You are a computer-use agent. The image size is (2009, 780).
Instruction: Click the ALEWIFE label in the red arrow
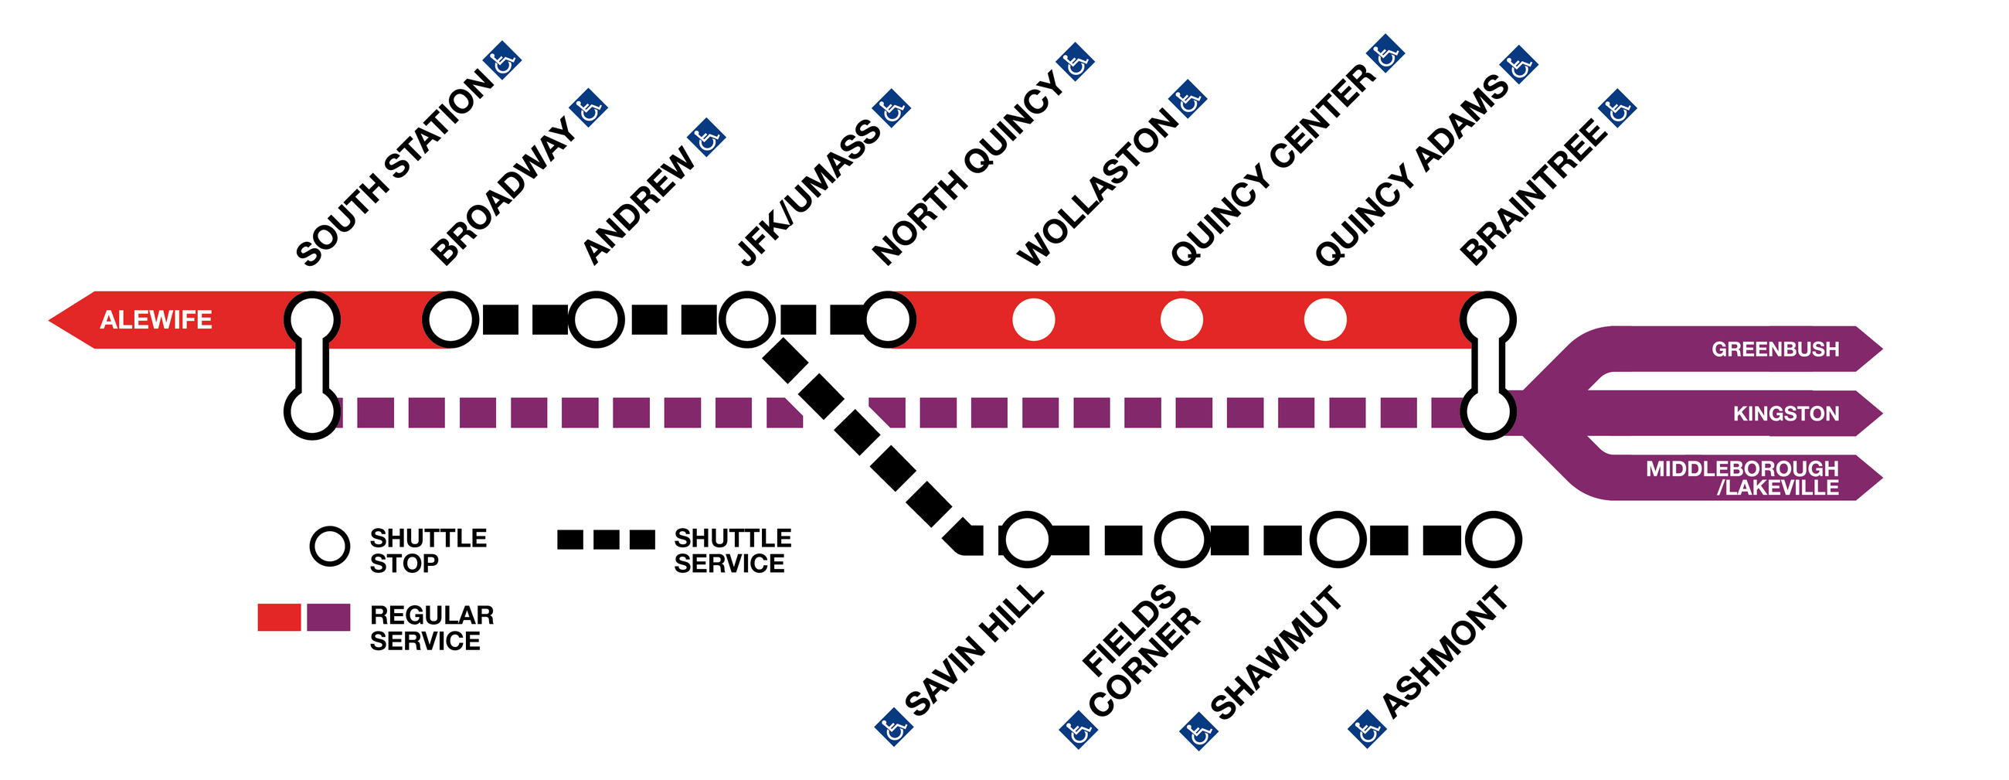point(156,320)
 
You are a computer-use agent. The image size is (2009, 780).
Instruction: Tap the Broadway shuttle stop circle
point(450,320)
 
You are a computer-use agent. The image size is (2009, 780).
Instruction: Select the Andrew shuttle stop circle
point(596,320)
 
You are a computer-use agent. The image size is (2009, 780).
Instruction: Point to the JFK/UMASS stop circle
point(746,320)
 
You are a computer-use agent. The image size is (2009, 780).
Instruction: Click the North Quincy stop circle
point(889,320)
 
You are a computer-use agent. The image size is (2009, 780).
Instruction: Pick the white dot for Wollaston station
point(1033,320)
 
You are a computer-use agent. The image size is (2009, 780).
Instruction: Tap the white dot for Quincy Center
point(1181,320)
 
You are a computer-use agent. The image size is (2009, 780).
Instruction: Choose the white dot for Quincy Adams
point(1325,320)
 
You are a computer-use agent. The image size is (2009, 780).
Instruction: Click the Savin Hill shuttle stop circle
point(1026,540)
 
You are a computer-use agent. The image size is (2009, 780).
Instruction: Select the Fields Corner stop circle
point(1181,540)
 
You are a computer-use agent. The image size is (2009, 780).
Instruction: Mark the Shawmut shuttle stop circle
point(1338,540)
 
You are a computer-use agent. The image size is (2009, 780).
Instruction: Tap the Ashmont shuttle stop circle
point(1493,540)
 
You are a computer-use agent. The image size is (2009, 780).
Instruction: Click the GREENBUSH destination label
point(1775,349)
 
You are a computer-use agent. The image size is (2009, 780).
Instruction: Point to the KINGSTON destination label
point(1786,414)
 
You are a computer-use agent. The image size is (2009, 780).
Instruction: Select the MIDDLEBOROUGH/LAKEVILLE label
point(1742,479)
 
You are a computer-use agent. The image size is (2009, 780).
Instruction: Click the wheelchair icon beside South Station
point(502,61)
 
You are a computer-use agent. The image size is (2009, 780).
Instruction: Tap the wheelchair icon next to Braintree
point(1616,108)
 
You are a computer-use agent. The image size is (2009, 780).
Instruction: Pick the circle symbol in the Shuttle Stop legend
point(330,546)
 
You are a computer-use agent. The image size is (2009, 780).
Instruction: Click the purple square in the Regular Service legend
point(328,617)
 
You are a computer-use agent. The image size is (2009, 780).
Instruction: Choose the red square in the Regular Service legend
point(279,617)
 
